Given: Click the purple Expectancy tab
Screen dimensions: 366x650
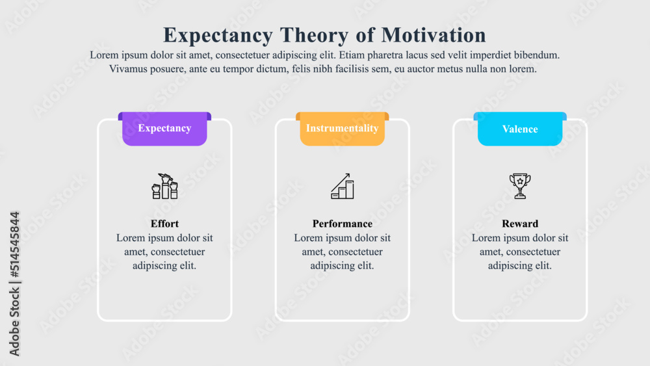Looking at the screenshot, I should [164, 129].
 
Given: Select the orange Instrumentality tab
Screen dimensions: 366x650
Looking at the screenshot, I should [342, 129].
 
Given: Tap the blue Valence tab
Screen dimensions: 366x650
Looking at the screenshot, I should [520, 129].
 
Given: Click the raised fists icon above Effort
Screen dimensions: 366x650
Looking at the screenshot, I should [164, 187].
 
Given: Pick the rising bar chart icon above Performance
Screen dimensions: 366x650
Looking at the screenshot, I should [342, 187].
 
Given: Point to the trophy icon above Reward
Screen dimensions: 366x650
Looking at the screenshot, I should [520, 186].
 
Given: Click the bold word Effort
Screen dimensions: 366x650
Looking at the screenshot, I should [164, 224].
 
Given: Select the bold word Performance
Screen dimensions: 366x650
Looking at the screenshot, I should [342, 224].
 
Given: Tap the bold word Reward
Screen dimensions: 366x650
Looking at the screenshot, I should [520, 224].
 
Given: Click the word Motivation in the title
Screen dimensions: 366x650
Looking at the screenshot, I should [434, 34].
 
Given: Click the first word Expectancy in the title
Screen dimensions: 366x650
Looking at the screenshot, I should [218, 34].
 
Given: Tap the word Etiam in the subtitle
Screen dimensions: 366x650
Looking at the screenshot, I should [352, 55].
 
